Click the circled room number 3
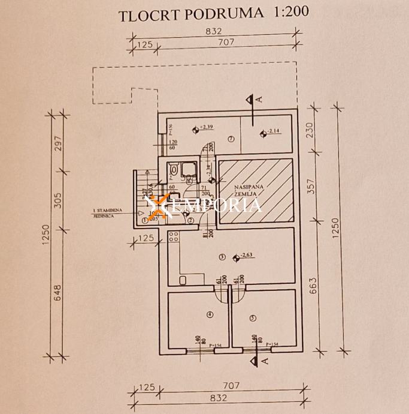point(222,257)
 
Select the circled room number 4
point(209,315)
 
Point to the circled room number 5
point(253,317)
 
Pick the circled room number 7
point(231,139)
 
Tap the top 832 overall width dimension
point(214,32)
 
